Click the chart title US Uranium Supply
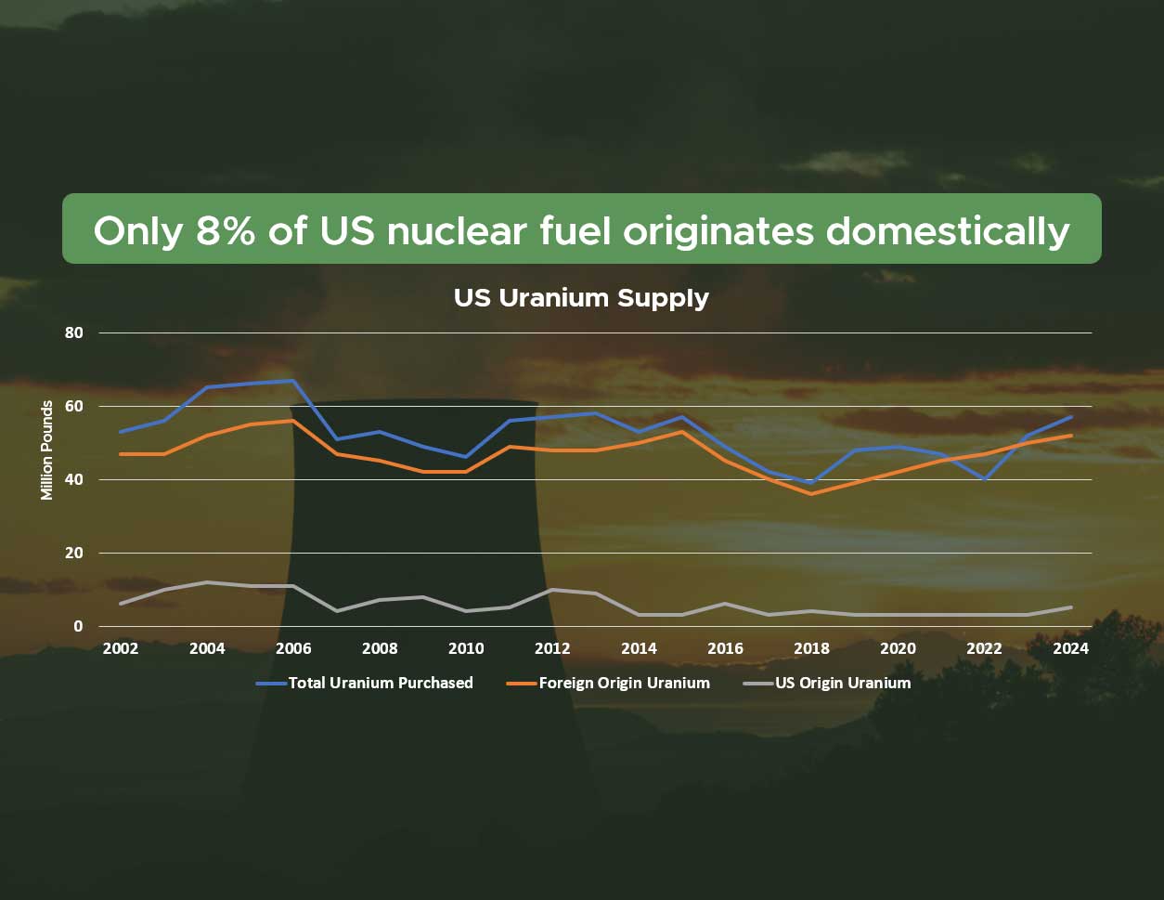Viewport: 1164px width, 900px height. point(581,298)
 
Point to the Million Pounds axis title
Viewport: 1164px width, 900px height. point(46,450)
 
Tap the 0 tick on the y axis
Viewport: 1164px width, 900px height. point(79,626)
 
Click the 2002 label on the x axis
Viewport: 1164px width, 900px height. point(121,649)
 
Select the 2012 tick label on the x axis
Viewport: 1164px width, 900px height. point(552,649)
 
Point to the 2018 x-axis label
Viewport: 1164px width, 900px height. point(811,649)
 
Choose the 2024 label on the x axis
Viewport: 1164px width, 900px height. point(1070,649)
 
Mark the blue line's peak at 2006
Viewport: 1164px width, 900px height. point(293,381)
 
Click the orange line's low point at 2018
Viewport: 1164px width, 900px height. point(811,493)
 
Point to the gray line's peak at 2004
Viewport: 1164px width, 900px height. point(207,582)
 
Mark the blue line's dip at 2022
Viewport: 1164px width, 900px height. point(984,479)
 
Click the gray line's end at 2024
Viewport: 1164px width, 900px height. point(1070,607)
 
